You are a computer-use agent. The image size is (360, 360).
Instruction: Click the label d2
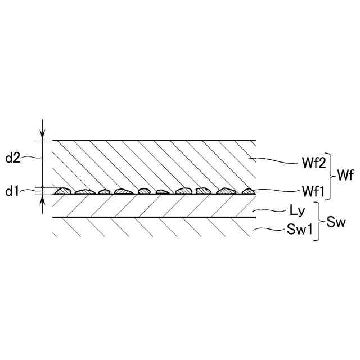13,158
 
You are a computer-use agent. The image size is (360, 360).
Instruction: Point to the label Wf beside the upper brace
345,176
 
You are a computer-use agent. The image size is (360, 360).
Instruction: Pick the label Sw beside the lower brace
336,222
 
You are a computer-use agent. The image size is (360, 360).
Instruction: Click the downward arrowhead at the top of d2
42,134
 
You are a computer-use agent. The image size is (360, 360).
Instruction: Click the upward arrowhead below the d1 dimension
42,199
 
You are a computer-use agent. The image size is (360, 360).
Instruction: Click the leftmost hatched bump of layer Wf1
62,191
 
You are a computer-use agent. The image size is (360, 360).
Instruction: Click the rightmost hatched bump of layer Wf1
248,191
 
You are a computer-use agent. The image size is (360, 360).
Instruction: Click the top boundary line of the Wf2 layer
155,139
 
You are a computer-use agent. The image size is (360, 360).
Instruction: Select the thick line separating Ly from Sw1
155,217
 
